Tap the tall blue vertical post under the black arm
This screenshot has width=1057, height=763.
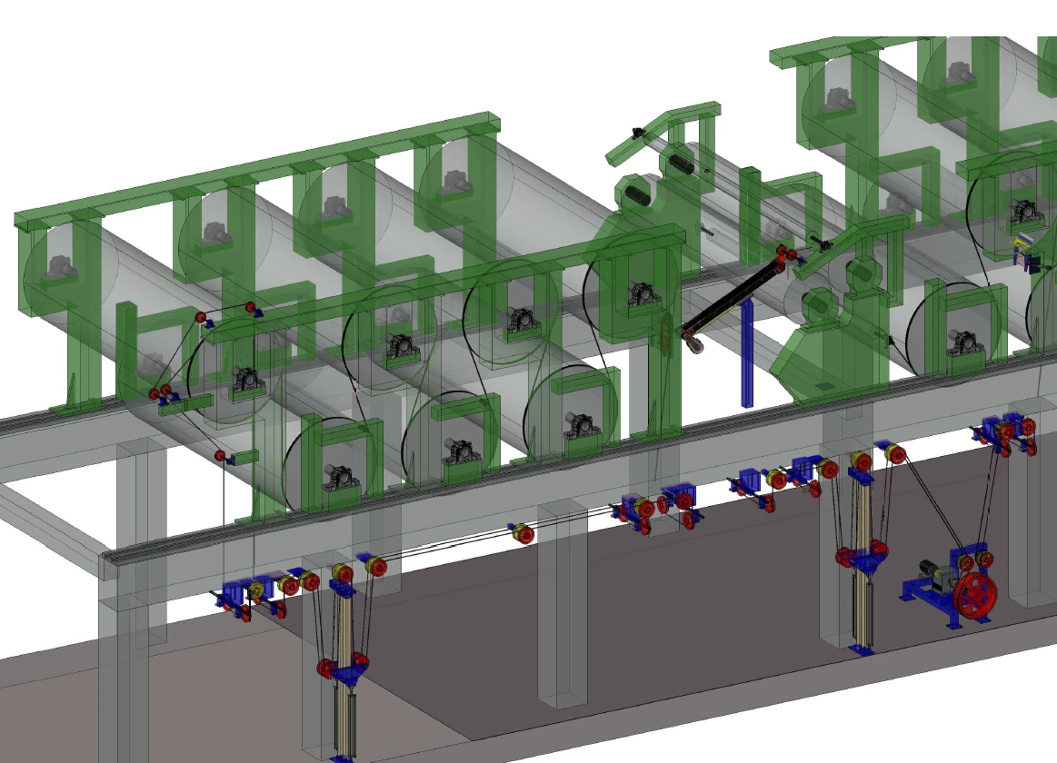pos(746,354)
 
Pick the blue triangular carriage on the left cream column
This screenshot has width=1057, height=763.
pos(345,673)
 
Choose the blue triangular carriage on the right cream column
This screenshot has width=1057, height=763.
pos(863,563)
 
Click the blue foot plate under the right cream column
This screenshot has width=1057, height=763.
pos(860,650)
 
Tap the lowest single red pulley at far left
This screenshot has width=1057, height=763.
pos(220,455)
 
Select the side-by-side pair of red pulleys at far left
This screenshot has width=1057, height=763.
pos(160,393)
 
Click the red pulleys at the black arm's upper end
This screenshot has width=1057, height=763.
pos(785,253)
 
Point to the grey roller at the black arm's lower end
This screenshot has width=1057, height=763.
pos(695,345)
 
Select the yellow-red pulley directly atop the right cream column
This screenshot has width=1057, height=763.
pos(858,461)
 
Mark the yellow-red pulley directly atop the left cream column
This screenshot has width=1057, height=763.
pos(342,573)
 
